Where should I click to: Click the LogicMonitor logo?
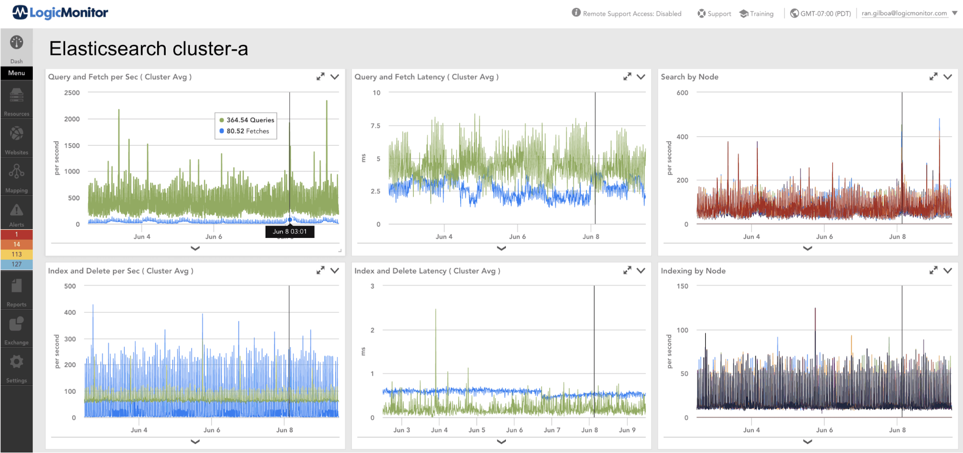60,13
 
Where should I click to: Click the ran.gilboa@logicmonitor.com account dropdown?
909,13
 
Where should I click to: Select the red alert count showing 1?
16,234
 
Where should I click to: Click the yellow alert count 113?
16,254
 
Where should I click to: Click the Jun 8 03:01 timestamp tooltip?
290,232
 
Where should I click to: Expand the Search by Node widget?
933,77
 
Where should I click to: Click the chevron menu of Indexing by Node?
948,271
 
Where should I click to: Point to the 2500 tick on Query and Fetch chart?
72,92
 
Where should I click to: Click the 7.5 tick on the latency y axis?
375,126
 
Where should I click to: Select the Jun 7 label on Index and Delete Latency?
552,430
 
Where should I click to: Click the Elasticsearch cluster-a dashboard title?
148,49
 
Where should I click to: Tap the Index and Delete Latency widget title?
427,271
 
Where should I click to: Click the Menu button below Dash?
16,73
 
